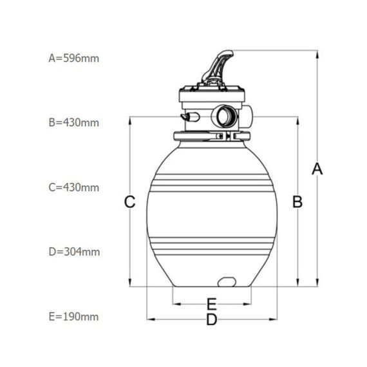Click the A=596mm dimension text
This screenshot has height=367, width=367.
point(74,59)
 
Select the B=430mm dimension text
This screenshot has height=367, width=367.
point(74,122)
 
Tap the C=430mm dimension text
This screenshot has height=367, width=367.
point(74,187)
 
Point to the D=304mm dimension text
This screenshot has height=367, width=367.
point(74,252)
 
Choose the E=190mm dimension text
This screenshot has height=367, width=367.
point(73,317)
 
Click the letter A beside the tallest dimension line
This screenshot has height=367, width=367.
point(317,169)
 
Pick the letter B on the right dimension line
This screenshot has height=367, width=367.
point(297,202)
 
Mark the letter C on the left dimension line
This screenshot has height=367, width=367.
point(129,202)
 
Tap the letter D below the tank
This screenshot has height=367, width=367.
point(212,319)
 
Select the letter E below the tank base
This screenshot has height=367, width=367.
point(212,304)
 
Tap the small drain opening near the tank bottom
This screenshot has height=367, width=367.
point(227,282)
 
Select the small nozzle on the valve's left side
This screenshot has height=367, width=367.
point(189,117)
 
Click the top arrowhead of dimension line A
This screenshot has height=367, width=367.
point(317,54)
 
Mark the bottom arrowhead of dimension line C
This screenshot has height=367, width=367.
point(130,283)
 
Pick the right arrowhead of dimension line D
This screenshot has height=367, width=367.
point(273,319)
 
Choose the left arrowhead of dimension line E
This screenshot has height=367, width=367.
point(176,304)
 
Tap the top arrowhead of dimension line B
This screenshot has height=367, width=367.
point(297,120)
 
